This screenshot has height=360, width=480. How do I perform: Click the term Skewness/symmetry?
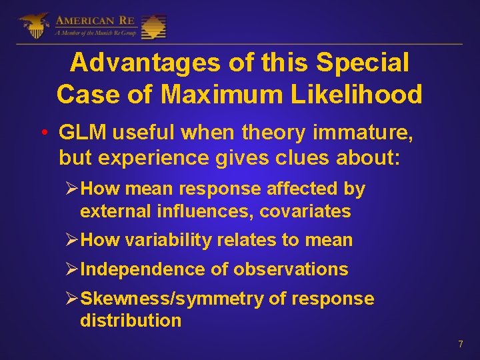pos(171,299)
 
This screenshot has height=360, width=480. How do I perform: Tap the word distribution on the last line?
pos(131,320)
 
